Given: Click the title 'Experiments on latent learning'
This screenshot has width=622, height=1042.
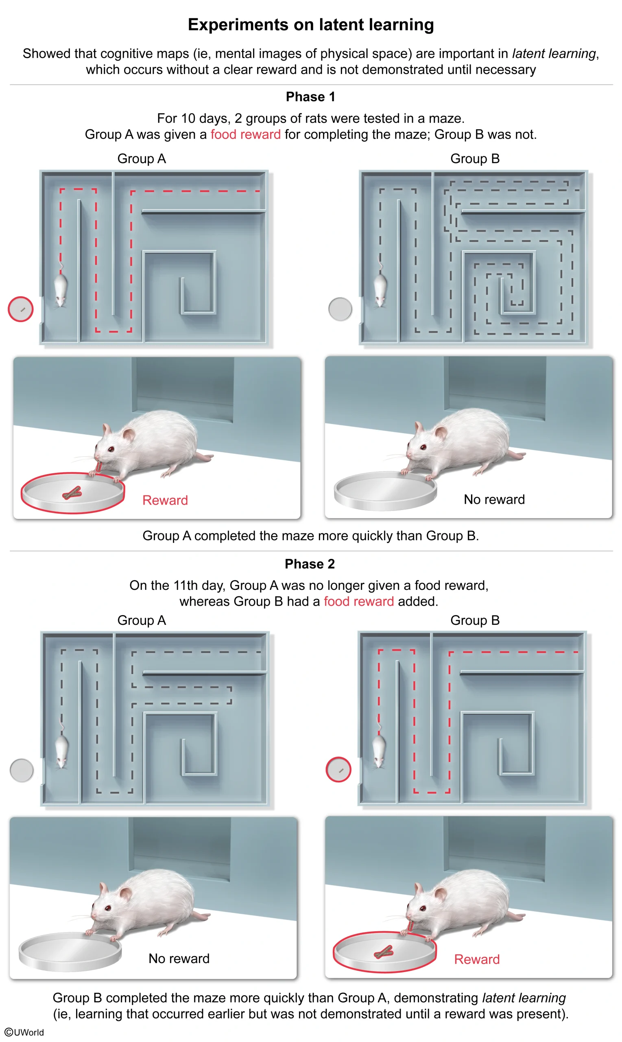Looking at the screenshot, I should point(310,25).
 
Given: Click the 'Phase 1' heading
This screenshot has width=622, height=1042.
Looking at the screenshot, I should point(310,97).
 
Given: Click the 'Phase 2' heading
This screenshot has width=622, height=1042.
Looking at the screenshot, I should point(310,564).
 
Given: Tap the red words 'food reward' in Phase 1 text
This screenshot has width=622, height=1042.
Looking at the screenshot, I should point(245,135).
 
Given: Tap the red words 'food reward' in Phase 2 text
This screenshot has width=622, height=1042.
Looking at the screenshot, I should point(359,601).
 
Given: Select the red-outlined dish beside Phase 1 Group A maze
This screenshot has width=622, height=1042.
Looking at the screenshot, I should point(20,309).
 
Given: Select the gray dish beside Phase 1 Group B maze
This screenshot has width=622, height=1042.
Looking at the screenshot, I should point(340,309).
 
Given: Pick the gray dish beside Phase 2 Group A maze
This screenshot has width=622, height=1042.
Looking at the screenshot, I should point(22,770).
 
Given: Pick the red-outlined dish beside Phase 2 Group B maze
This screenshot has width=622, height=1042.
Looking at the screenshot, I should point(338,769).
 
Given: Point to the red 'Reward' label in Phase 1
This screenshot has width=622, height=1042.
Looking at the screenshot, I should point(165,500).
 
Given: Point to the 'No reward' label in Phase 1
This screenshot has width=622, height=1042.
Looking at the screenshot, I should point(494,499).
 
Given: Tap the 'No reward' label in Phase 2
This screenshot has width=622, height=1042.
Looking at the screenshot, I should point(179,959).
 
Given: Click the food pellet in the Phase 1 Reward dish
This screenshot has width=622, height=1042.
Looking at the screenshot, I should point(72,494).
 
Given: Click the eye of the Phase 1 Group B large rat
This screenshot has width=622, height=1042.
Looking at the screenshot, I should point(423,447).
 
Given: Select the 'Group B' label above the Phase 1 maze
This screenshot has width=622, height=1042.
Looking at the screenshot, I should point(474,159).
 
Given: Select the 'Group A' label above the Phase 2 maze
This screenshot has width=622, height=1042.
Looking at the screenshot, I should point(142,620).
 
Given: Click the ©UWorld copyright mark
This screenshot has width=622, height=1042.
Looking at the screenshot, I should point(24,1032).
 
